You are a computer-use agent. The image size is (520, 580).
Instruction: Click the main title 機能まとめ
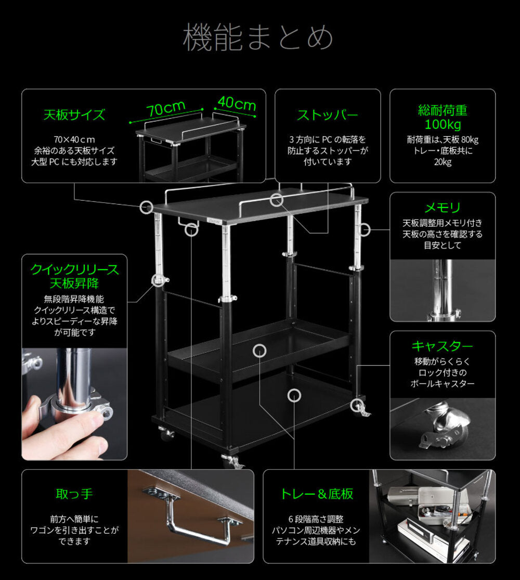258,37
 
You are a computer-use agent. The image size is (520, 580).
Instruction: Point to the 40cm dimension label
237,104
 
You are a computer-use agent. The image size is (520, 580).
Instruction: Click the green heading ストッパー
327,114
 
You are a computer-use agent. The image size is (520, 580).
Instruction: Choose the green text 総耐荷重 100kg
443,118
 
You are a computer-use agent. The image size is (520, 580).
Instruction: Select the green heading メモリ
443,208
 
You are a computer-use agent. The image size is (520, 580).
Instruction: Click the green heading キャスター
443,346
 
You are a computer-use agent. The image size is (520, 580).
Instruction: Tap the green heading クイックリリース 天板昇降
74,276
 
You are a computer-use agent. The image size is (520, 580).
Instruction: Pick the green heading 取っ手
74,493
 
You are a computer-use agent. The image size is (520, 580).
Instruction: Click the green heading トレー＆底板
317,493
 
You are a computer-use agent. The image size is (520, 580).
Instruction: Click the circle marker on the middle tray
259,351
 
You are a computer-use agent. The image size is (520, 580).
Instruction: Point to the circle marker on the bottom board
294,395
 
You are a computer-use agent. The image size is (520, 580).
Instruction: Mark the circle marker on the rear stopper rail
277,199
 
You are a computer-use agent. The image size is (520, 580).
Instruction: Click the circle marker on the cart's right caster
357,405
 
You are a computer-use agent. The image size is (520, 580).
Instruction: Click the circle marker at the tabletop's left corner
147,207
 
